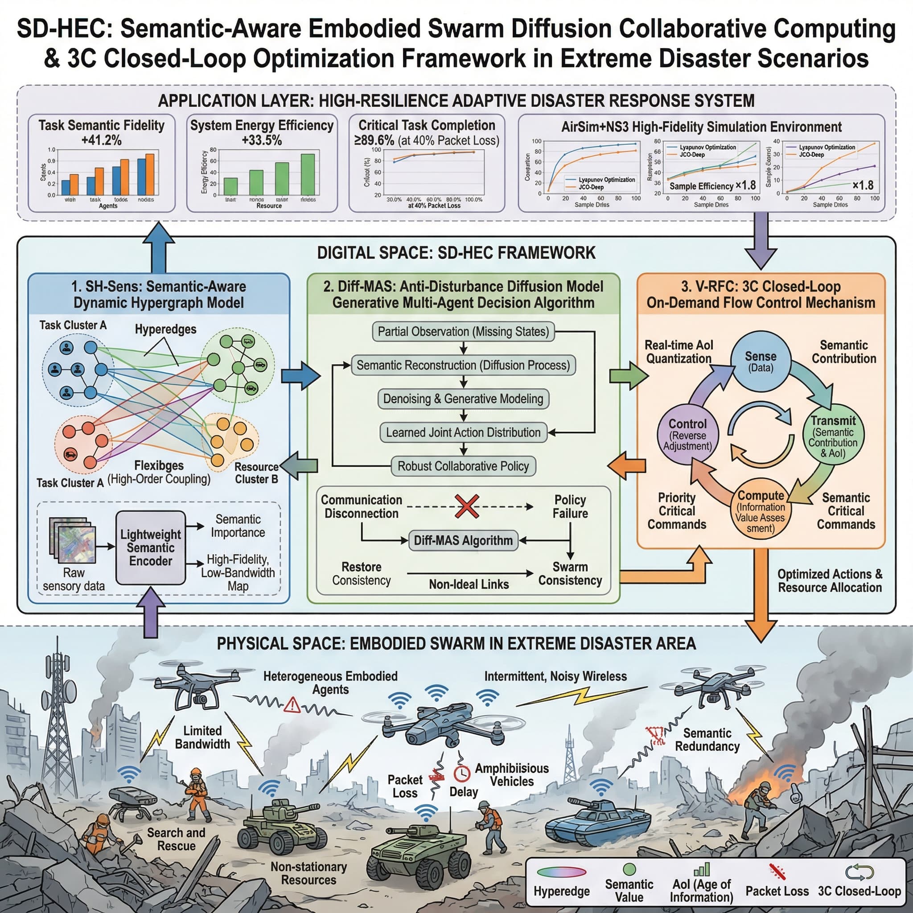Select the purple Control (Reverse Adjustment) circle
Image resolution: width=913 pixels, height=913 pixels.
[x=687, y=434]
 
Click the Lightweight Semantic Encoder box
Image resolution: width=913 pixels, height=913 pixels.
[x=150, y=548]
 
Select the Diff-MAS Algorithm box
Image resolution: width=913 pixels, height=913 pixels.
[x=463, y=540]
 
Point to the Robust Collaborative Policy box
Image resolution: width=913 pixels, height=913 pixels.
[x=463, y=466]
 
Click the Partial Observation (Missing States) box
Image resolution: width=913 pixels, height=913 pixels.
[x=463, y=331]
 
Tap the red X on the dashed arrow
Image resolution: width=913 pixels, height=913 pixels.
[x=466, y=506]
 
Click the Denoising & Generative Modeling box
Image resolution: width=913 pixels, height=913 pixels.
[x=463, y=399]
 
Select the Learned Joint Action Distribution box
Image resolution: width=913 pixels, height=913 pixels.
[x=463, y=432]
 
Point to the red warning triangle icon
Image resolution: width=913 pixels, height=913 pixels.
[x=292, y=705]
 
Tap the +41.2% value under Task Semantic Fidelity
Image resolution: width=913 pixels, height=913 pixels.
[x=102, y=140]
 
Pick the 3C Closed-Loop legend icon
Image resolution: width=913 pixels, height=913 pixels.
[x=859, y=872]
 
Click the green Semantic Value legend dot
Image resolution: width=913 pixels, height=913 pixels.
[x=629, y=869]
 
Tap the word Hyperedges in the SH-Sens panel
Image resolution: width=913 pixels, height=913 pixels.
[x=165, y=329]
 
